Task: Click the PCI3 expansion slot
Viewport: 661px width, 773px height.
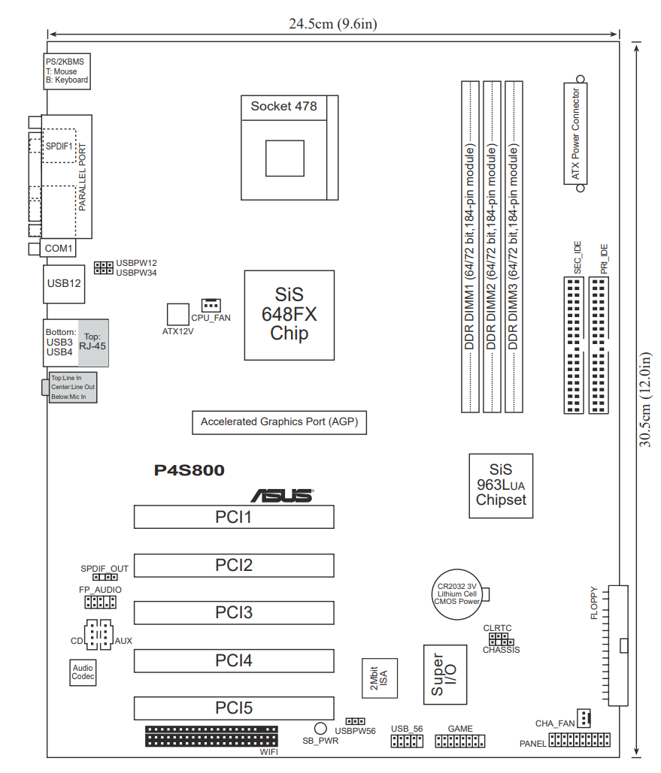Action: [234, 613]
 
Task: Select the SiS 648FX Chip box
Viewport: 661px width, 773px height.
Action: [290, 315]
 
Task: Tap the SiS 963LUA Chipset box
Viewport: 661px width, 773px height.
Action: [501, 485]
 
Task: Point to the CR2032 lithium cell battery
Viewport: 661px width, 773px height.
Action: [458, 594]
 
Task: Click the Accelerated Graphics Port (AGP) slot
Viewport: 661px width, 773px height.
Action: [280, 422]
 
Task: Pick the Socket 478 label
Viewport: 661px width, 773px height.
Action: [284, 107]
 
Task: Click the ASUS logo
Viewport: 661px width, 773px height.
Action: [282, 496]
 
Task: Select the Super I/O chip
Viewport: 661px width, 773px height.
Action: [445, 675]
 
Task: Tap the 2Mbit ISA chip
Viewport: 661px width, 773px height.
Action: [380, 678]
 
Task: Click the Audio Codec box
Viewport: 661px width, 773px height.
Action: [83, 672]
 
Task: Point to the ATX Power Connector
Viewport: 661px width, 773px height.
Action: [575, 134]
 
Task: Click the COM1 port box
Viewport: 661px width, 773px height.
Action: [58, 249]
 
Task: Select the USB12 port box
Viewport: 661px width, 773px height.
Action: [64, 284]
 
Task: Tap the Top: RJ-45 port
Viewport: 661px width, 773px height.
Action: [92, 343]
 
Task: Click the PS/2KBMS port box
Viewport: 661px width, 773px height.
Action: [67, 71]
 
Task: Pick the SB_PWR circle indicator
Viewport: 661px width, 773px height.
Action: [321, 728]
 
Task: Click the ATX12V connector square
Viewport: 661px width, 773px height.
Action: [177, 315]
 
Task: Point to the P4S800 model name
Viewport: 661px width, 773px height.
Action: [190, 470]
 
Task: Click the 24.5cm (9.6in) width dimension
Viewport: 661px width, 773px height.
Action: [333, 24]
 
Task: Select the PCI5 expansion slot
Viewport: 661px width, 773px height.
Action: [234, 708]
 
